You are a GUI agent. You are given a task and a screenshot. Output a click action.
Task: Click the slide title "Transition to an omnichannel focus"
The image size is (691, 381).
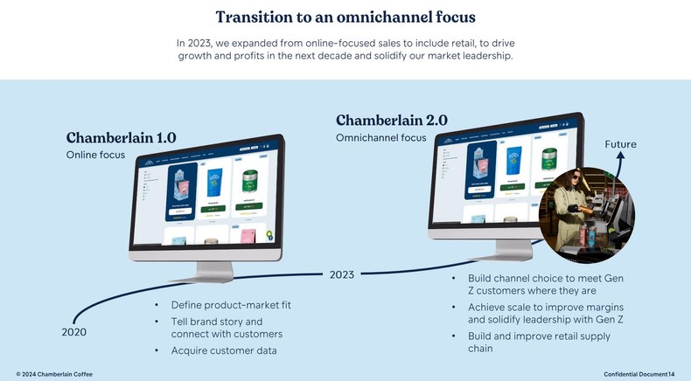coord(345,17)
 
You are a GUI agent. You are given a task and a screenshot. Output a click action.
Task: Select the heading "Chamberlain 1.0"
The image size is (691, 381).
coord(122,137)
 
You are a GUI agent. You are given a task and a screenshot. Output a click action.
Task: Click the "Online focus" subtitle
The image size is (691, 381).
coord(96,155)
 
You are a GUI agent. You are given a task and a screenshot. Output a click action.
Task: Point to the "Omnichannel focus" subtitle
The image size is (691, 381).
coord(381,137)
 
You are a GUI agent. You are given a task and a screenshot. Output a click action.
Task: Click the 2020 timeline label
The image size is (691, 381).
coord(74,332)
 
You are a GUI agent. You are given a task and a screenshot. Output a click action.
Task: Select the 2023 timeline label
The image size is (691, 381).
coord(342,274)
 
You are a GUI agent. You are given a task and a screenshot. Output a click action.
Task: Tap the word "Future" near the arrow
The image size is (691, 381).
coord(620,144)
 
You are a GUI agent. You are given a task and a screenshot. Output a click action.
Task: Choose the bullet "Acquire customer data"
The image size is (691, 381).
coord(224,350)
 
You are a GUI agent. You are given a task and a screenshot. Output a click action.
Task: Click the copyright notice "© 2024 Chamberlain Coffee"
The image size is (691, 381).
coord(54,374)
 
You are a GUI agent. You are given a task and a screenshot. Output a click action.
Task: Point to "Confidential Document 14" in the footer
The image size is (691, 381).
coord(639,374)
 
